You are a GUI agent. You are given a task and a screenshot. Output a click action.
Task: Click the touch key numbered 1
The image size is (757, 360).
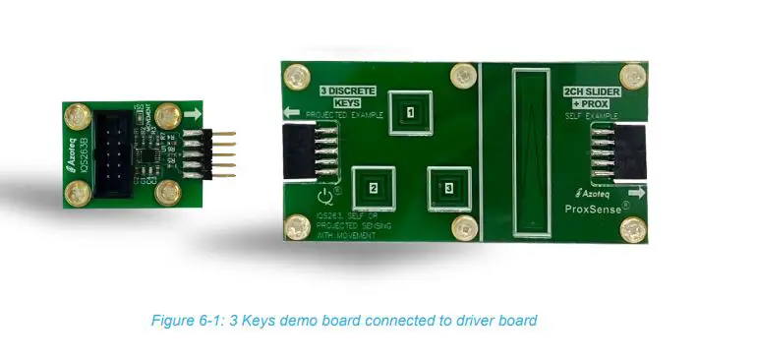[x=410, y=112]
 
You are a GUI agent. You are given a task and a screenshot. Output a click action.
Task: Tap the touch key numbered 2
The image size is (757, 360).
[x=373, y=187]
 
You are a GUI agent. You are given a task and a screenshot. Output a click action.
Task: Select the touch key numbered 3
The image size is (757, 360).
[x=448, y=186]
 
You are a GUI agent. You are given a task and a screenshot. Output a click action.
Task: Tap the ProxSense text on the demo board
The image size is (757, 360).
[x=595, y=210]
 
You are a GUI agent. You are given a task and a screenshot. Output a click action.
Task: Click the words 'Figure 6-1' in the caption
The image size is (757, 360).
[x=181, y=321]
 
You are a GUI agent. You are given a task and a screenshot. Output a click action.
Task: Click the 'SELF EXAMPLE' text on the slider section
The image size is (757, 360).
[x=585, y=115]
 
